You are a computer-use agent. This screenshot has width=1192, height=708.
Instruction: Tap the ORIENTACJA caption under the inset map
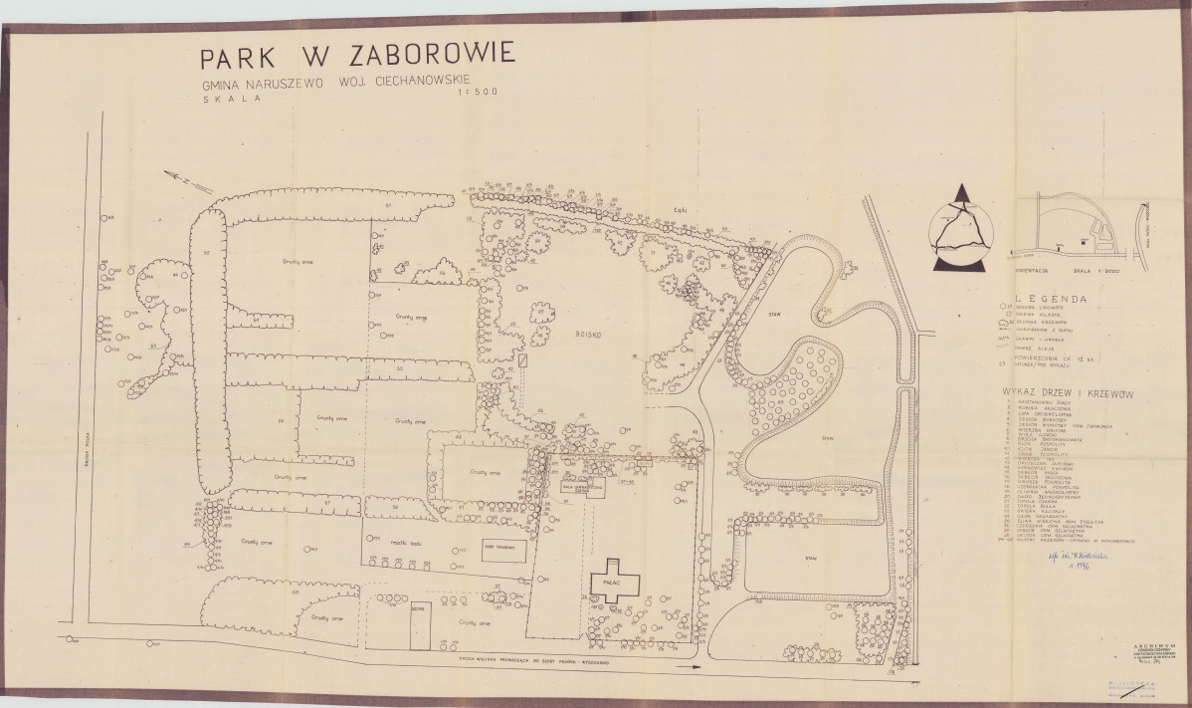pos(1030,268)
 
